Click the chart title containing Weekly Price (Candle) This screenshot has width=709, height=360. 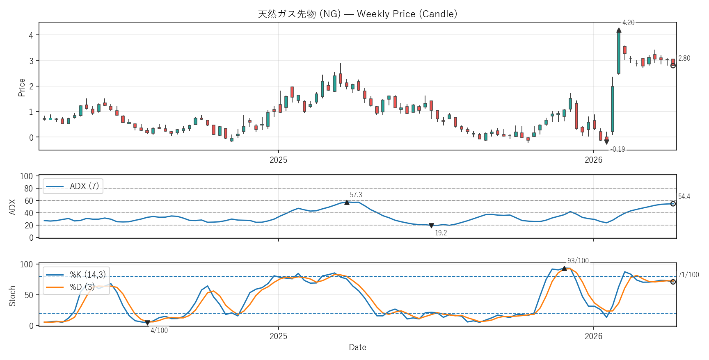[x=357, y=14]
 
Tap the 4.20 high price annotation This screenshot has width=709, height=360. [x=628, y=23]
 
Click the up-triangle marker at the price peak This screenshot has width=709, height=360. [x=619, y=30]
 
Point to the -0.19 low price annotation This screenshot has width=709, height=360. [x=618, y=149]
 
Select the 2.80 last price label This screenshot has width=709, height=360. [x=684, y=58]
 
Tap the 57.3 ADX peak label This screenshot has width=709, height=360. [x=356, y=195]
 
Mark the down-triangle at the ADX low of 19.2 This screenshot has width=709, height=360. [x=431, y=226]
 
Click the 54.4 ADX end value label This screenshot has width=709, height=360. [x=684, y=196]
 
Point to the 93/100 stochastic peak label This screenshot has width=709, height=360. [x=578, y=261]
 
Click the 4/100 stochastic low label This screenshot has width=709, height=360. [x=159, y=330]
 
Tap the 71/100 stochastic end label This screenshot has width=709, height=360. [x=688, y=275]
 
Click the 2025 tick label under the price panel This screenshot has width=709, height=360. [x=278, y=160]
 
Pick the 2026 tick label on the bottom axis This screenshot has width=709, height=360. [x=593, y=336]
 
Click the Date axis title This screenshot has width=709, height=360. [x=357, y=347]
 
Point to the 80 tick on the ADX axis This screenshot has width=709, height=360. [x=28, y=189]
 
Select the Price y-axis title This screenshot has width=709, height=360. [x=22, y=87]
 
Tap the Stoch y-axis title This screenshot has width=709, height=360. [x=12, y=296]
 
